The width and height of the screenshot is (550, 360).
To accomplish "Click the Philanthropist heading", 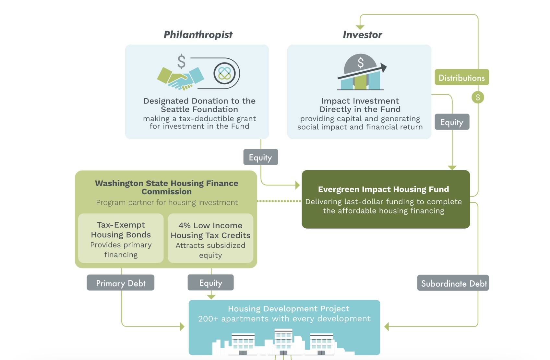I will (198, 35).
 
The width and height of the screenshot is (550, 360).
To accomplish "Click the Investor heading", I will (362, 35).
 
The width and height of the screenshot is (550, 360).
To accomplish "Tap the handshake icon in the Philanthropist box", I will (180, 78).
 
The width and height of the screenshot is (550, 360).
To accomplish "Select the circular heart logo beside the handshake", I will (224, 73).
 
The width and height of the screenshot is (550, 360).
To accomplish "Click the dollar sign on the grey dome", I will (360, 62).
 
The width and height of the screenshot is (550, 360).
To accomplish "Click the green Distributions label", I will (461, 78).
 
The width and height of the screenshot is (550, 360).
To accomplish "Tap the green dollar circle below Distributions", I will (478, 97).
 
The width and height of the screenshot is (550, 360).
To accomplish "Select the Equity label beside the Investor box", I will (452, 122).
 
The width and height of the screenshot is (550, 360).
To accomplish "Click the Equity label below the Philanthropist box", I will (260, 157).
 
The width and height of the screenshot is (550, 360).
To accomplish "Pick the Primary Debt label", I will (120, 283).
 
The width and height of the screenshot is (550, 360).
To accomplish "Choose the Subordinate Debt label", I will (453, 283).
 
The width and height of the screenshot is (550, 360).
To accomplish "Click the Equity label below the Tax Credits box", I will (210, 282).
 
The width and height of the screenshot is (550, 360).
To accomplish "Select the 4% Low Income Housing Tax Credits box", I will (210, 239).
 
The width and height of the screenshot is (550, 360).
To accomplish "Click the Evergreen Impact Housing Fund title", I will (383, 189).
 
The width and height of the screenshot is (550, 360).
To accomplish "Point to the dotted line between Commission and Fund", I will (279, 201).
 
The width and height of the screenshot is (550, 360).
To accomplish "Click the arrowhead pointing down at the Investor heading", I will (360, 27).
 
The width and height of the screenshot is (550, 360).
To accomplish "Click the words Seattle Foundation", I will (199, 109).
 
